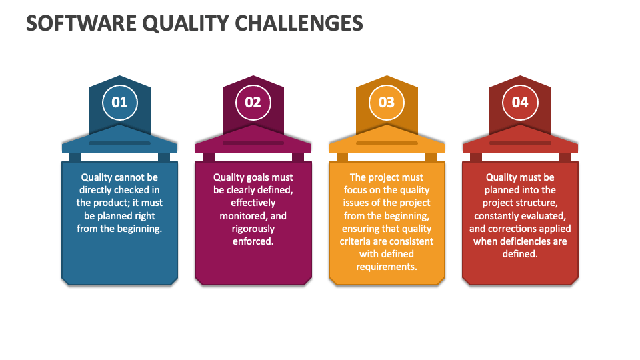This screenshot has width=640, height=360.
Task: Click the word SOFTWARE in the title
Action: pyautogui.click(x=81, y=23)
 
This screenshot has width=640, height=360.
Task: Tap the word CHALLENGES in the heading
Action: pyautogui.click(x=299, y=23)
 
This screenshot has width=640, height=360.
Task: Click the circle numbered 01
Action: pyautogui.click(x=119, y=103)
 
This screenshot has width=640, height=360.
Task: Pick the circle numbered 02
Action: pyautogui.click(x=253, y=103)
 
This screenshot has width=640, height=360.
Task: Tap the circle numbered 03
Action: pyautogui.click(x=387, y=103)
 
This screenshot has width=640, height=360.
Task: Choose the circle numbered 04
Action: pyautogui.click(x=520, y=103)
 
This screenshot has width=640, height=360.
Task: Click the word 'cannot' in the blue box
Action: pyautogui.click(x=130, y=177)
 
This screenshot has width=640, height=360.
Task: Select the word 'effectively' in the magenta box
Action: pyautogui.click(x=253, y=203)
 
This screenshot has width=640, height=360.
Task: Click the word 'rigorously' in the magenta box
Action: pyautogui.click(x=253, y=229)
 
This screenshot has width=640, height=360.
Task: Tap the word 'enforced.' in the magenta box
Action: pyautogui.click(x=253, y=241)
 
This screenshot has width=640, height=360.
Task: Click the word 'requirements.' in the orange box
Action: pyautogui.click(x=387, y=267)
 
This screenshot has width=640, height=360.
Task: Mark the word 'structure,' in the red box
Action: pyautogui.click(x=535, y=203)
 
